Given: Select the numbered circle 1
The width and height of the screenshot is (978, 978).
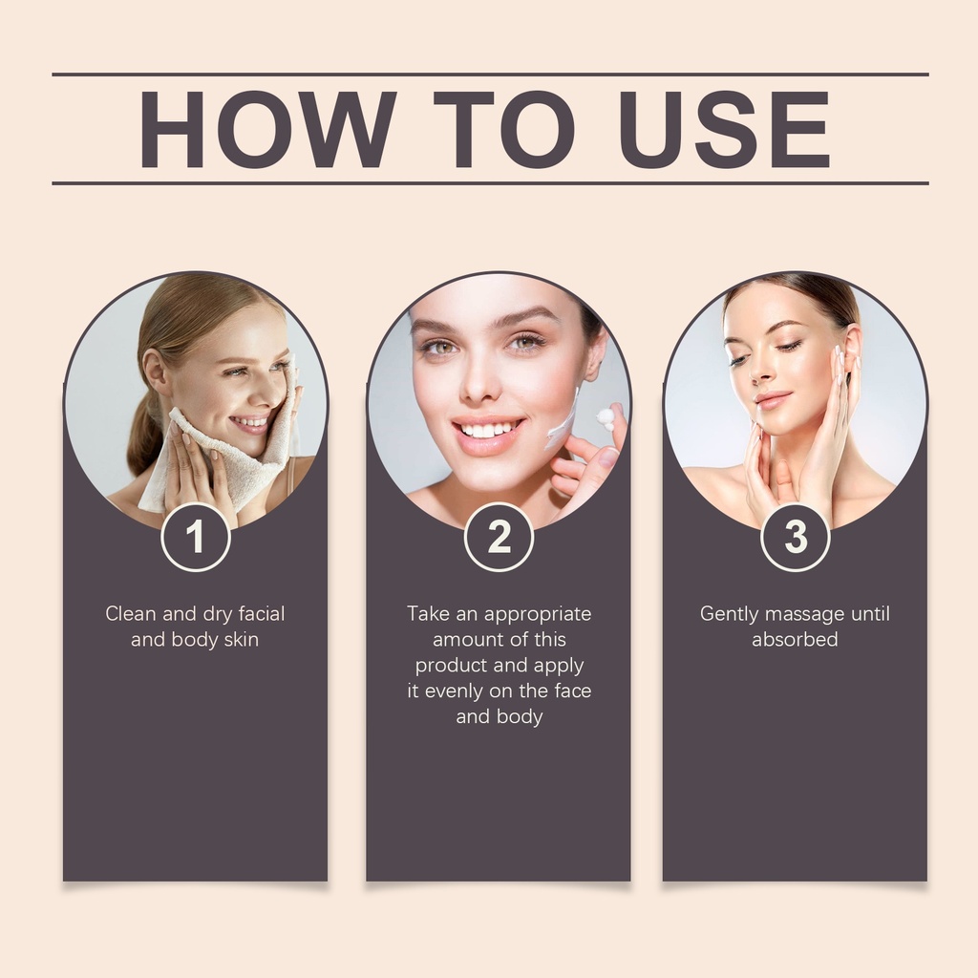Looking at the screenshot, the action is (196, 537).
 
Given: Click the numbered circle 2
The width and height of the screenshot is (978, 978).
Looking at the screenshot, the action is (499, 537).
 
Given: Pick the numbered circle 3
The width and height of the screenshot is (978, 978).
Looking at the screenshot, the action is (796, 537).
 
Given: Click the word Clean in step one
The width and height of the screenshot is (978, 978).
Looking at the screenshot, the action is (130, 614).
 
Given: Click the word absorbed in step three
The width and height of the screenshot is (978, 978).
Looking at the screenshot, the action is (795, 639).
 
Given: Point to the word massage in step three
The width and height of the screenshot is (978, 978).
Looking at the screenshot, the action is (804, 615).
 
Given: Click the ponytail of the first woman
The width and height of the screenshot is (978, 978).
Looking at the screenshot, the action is (142, 431).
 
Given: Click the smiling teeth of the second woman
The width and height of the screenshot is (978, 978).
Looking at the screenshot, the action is (488, 431).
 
